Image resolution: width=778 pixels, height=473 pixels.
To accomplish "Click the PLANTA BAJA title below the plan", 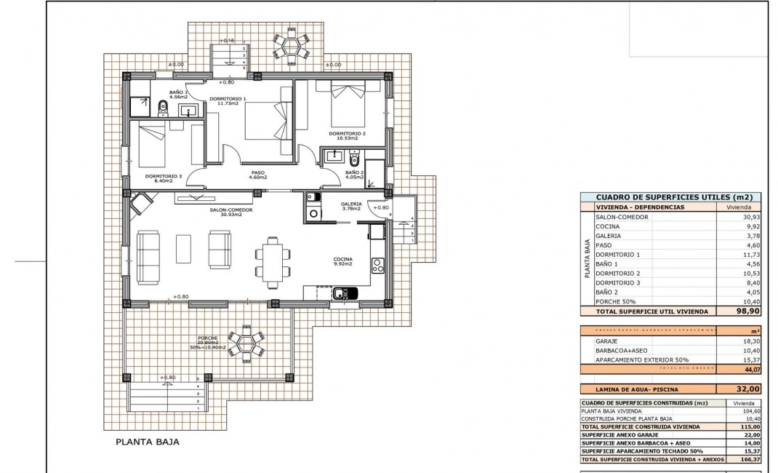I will (x=147, y=442).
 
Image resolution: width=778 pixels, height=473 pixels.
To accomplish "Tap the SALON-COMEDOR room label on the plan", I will (x=230, y=212).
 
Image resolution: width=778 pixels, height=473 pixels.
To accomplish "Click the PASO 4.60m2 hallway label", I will (x=258, y=175).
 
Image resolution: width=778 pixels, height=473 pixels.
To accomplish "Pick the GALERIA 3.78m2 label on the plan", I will (x=352, y=207).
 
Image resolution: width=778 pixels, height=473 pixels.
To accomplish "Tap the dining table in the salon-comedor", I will (x=273, y=262).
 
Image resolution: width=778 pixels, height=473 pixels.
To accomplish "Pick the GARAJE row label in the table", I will (x=606, y=341).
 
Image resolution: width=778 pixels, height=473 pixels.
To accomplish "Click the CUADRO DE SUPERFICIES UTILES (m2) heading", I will (x=673, y=196).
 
